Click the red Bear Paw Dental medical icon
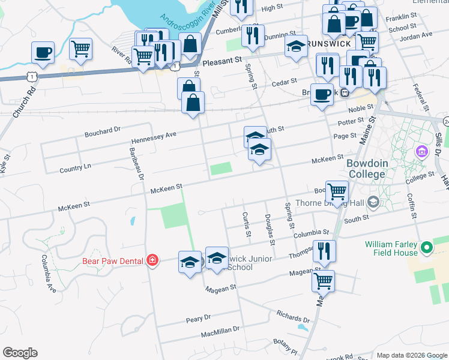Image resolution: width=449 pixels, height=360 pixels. [x=152, y=260]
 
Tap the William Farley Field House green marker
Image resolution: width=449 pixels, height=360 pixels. [x=426, y=247]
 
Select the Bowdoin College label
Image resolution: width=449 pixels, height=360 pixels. [x=366, y=169]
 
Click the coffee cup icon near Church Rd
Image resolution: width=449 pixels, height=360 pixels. [x=43, y=52]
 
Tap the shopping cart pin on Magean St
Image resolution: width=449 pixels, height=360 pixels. [x=323, y=280]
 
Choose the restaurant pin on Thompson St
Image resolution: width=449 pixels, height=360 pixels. [x=324, y=251]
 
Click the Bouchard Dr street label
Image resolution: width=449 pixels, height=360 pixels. [x=103, y=129]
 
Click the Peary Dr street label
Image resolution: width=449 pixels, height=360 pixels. [x=198, y=317]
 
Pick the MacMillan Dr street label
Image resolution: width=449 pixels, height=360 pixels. [x=220, y=331]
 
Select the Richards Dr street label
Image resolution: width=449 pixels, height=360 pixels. [x=292, y=315]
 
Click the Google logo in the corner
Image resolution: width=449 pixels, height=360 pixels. [x=20, y=353]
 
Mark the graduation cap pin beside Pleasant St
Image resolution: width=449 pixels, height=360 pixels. [x=296, y=47]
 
